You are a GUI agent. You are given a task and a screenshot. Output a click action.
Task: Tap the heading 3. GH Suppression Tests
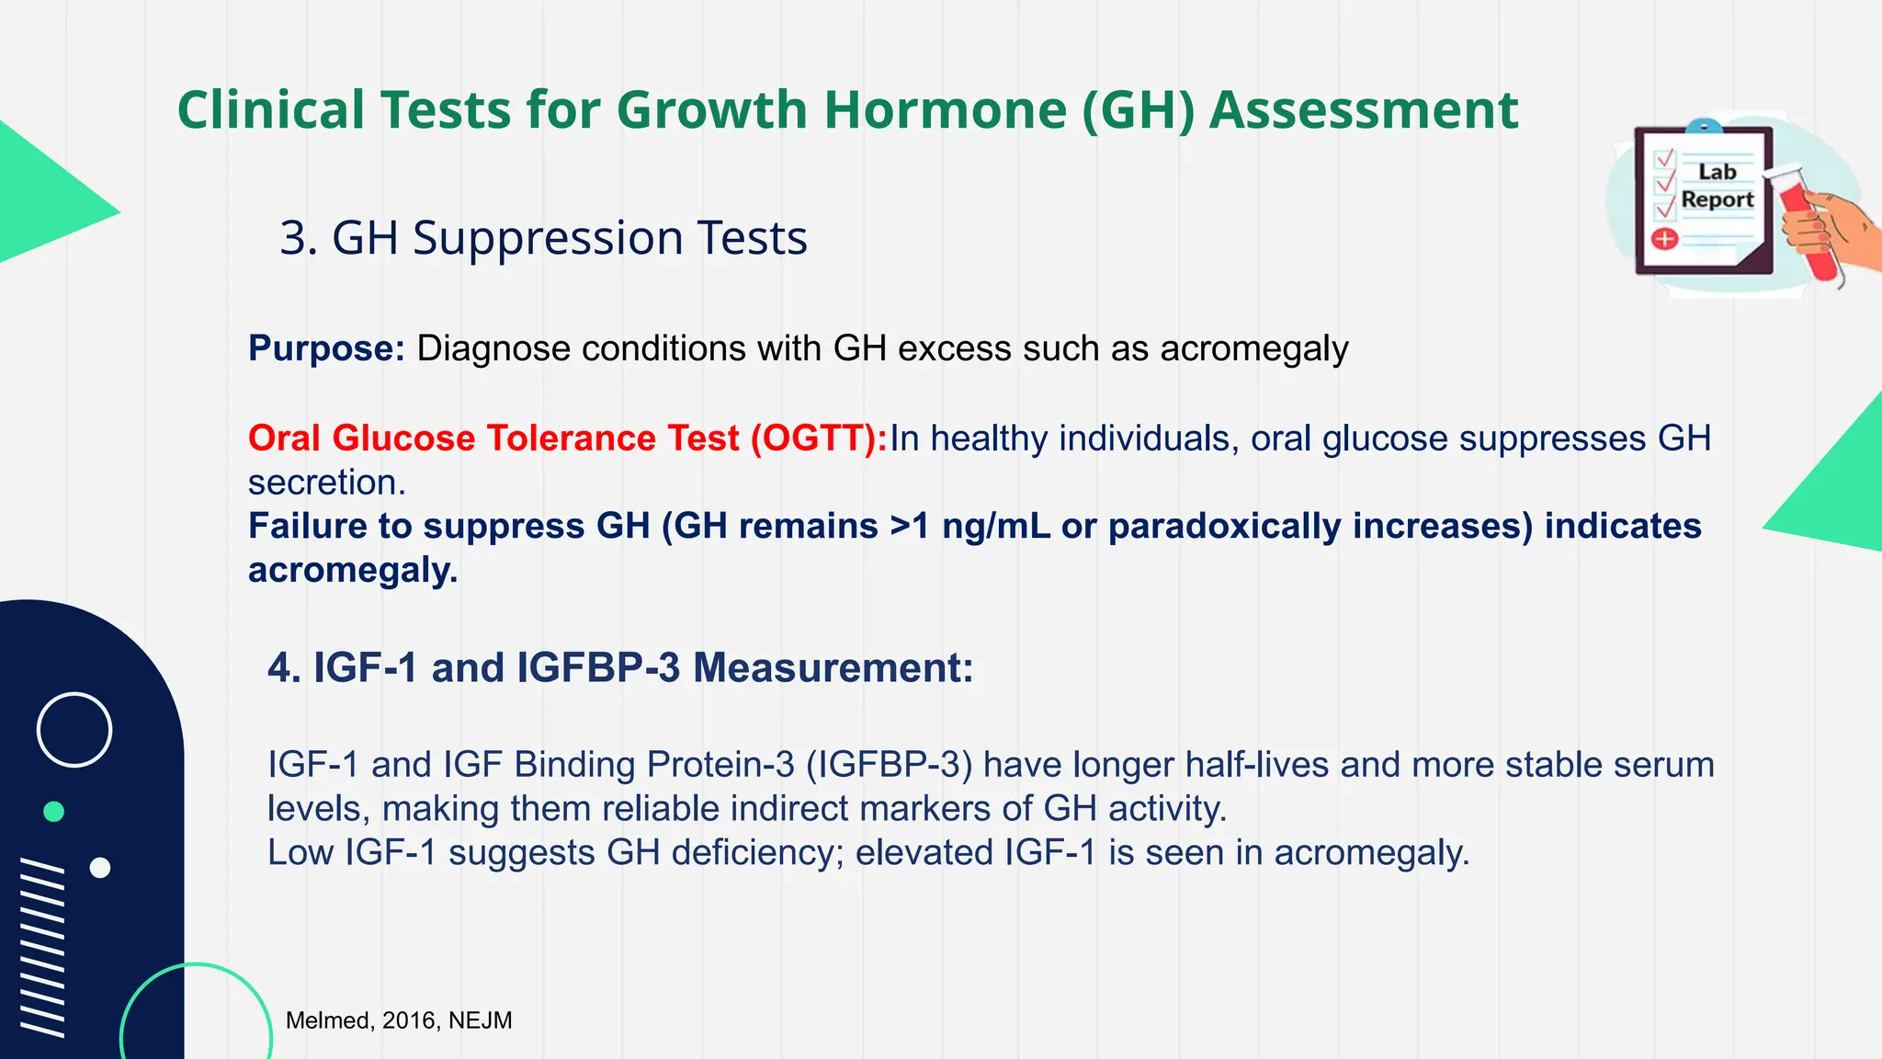pyautogui.click(x=543, y=238)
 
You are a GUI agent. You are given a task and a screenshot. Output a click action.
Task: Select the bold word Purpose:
pyautogui.click(x=326, y=349)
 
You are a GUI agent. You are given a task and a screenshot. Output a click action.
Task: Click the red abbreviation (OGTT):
pyautogui.click(x=819, y=438)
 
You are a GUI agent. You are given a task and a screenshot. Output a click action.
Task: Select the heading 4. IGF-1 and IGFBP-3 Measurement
pyautogui.click(x=620, y=667)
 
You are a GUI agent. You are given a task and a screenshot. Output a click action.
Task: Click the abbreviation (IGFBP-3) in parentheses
pyautogui.click(x=889, y=765)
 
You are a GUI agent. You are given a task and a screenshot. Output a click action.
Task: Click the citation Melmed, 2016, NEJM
pyautogui.click(x=399, y=1020)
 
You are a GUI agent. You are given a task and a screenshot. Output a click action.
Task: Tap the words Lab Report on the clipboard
pyautogui.click(x=1717, y=186)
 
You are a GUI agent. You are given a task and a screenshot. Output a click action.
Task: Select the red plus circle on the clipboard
pyautogui.click(x=1665, y=240)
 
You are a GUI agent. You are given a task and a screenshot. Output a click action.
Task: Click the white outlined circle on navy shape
pyautogui.click(x=74, y=730)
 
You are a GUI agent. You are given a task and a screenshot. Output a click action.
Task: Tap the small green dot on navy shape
pyautogui.click(x=54, y=812)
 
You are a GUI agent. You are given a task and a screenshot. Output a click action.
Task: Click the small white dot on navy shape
pyautogui.click(x=100, y=868)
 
